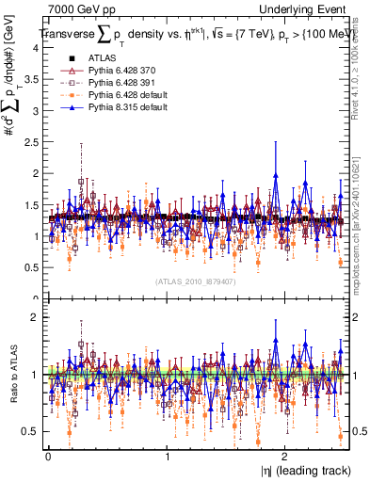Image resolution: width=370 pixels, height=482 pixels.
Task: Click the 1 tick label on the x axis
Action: pos(167,456)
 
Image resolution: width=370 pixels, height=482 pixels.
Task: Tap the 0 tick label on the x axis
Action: pos(48,456)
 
